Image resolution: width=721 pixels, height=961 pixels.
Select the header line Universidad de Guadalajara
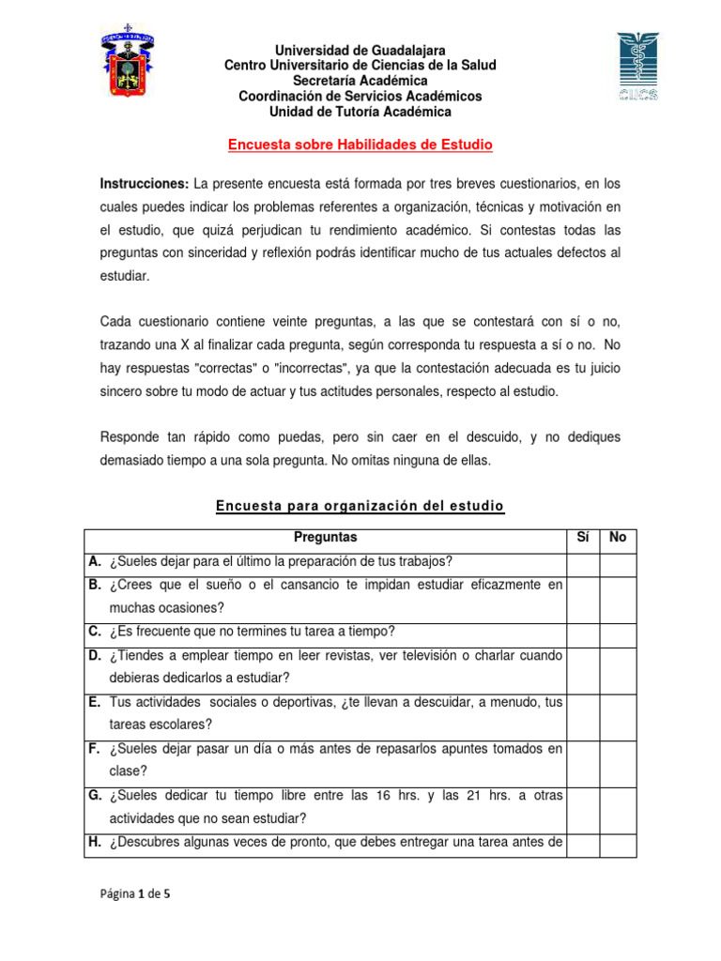360,50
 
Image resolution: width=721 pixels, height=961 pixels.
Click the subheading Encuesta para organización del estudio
360,507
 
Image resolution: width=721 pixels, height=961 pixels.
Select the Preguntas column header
325,538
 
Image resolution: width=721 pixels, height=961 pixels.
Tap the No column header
618,538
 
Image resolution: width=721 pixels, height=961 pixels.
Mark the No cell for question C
618,632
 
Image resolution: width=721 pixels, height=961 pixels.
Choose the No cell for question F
618,760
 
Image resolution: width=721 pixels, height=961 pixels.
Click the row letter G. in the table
96,795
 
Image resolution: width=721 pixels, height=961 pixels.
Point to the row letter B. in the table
96,585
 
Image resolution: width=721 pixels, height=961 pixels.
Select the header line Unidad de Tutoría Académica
360,112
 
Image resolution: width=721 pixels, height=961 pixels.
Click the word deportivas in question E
333,701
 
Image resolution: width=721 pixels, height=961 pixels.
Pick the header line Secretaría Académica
360,81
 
